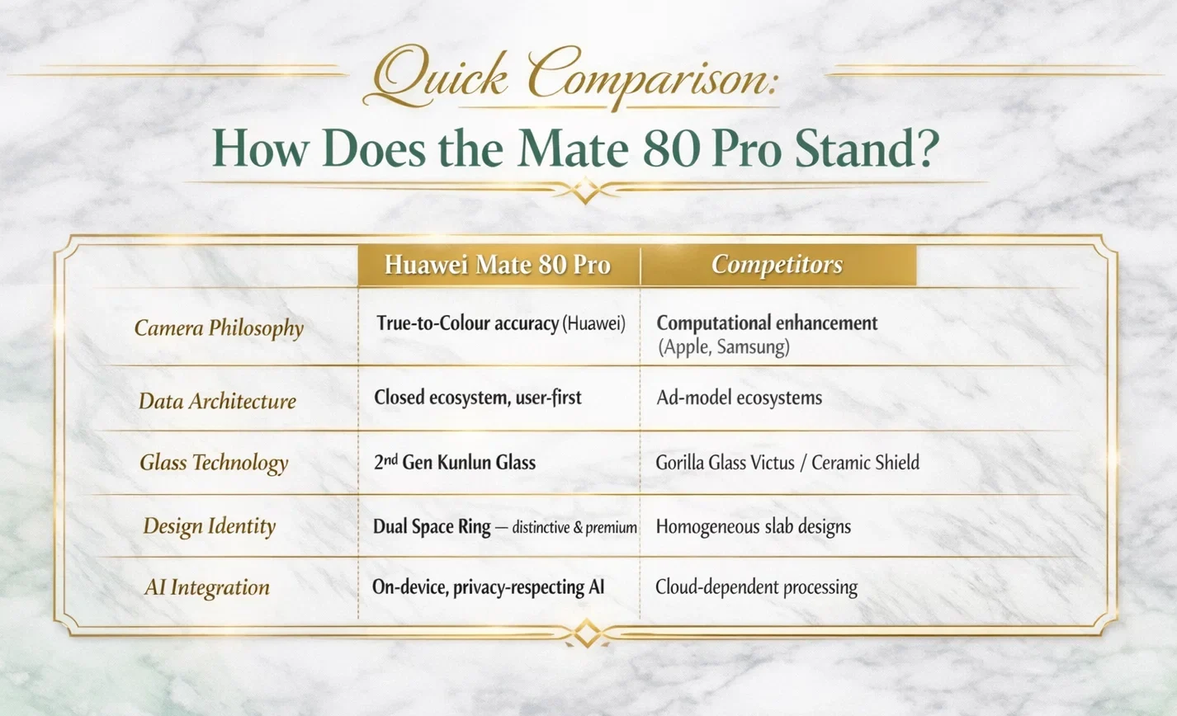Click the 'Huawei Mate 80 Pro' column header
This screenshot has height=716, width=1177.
point(498,265)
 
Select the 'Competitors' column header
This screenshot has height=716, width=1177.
point(777,265)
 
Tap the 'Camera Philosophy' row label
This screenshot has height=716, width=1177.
point(219,328)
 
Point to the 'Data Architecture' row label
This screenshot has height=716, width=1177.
point(217,402)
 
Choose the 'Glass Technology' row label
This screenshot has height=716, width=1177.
point(214,463)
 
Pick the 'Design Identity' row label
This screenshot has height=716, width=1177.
point(209,526)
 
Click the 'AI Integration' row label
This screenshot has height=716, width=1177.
point(207,587)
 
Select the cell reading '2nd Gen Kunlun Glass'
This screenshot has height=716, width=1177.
point(455,462)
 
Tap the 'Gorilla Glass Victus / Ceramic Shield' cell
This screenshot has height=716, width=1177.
point(787,462)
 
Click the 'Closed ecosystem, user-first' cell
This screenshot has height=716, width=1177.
point(478,398)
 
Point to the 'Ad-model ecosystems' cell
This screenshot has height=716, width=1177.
point(740,398)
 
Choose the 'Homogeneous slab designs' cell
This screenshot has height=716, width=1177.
point(753,526)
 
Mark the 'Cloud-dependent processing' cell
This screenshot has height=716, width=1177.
point(756,587)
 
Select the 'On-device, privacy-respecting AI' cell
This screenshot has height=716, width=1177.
point(489,587)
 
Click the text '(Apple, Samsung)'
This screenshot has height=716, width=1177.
point(724,347)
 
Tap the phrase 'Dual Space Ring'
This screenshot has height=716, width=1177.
point(432,526)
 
